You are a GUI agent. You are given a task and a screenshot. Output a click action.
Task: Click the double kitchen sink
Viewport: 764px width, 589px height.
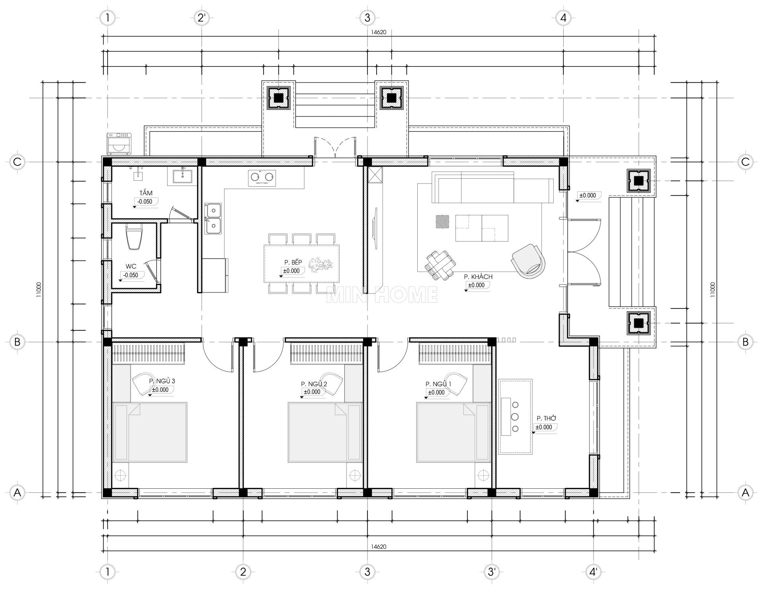coord(213,218)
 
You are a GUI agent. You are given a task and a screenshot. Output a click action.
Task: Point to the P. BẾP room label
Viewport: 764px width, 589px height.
coord(293,262)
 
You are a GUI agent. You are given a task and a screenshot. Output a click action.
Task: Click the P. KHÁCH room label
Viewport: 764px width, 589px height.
coord(478,277)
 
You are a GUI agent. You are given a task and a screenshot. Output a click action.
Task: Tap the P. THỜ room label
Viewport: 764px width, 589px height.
coord(546,418)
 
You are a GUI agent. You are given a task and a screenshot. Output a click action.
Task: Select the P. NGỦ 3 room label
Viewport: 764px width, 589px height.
coord(162,381)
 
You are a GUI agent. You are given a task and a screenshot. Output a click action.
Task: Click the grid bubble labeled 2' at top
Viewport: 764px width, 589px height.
coord(202,18)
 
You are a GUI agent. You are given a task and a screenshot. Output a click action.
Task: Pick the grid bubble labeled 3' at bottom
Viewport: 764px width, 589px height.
coord(492,572)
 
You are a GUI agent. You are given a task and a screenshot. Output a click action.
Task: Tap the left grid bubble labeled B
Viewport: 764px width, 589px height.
coord(17,342)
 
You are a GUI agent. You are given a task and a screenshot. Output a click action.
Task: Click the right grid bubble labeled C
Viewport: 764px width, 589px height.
coord(745,162)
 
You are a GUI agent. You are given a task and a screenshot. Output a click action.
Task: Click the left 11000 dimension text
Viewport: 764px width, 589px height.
coord(39,291)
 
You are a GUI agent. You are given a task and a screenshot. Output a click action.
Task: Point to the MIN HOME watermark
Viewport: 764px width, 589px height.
coord(382,294)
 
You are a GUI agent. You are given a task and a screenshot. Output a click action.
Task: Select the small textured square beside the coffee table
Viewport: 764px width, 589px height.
coord(442,222)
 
